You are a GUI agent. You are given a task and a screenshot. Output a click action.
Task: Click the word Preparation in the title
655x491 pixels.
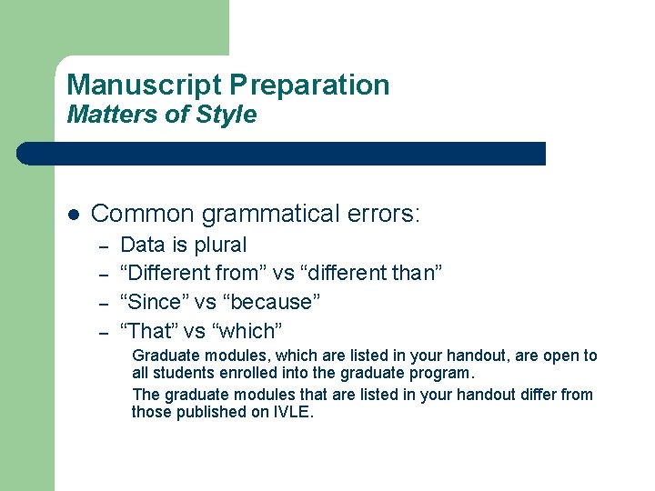309,85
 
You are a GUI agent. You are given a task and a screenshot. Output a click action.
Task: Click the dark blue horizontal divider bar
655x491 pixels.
282,154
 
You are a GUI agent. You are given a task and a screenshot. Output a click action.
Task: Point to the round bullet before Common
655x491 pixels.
75,215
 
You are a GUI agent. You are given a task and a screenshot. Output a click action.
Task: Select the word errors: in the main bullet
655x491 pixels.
388,215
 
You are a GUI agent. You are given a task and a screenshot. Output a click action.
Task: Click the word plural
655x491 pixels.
219,245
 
